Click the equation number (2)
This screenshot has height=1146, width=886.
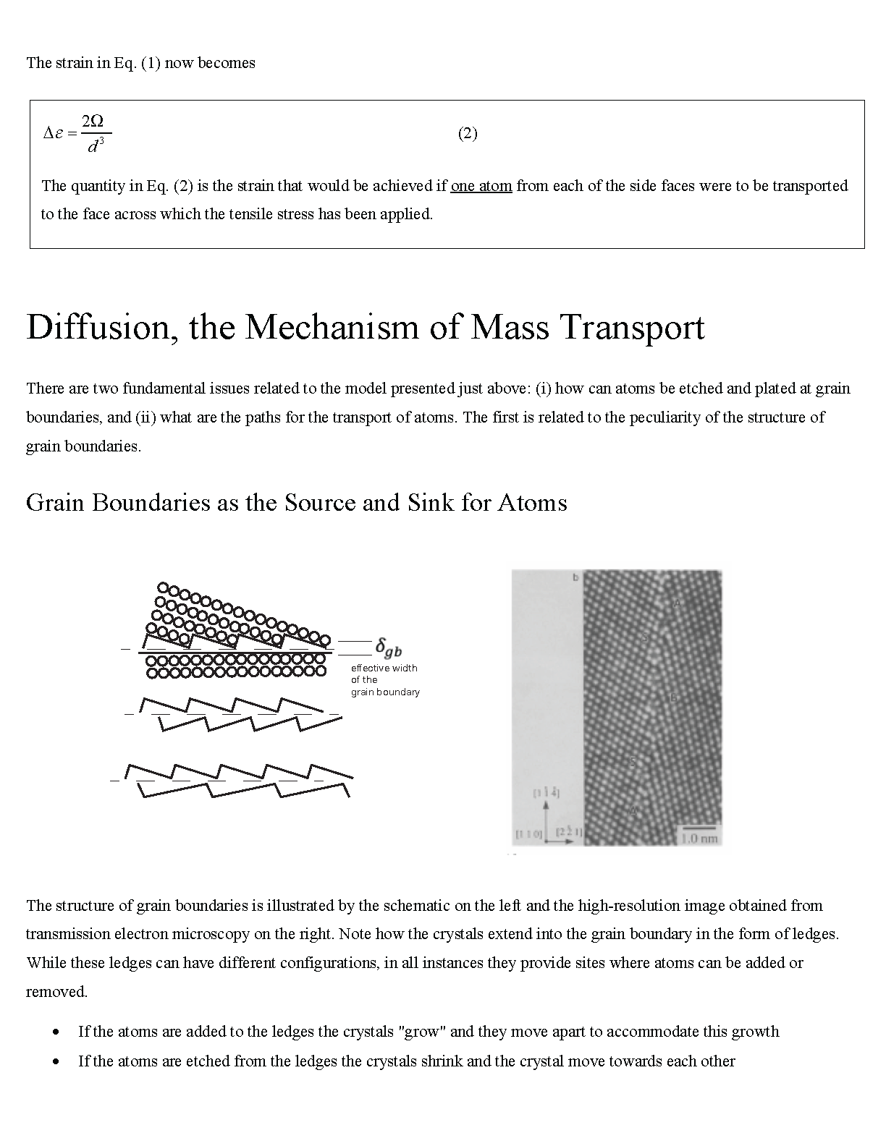tap(468, 133)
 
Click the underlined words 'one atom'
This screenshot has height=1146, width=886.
tap(481, 186)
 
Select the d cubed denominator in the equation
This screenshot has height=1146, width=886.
tap(95, 147)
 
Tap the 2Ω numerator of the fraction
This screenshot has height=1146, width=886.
tap(93, 121)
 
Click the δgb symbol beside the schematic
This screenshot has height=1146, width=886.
tap(388, 646)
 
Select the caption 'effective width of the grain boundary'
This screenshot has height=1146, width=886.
tap(384, 680)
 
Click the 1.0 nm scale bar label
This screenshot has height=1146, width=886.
tap(699, 839)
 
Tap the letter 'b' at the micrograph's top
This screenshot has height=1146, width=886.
tap(575, 577)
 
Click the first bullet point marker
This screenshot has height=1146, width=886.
tap(56, 1032)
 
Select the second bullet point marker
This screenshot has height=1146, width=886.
tap(56, 1062)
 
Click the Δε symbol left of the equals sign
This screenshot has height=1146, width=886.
tap(53, 133)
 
